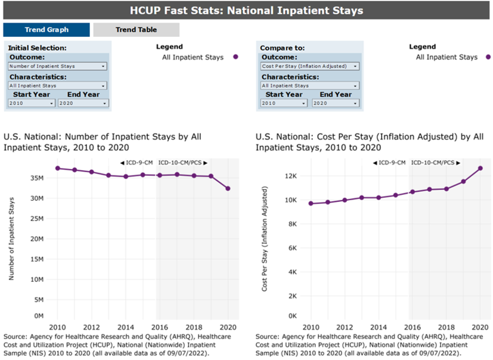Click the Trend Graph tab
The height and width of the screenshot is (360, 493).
46,30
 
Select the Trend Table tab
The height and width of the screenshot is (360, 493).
136,30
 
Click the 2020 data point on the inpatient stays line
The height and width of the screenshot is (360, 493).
228,188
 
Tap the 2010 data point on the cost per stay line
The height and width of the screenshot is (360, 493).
311,203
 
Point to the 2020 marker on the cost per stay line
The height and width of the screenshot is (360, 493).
480,168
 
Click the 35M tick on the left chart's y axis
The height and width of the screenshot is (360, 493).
37,178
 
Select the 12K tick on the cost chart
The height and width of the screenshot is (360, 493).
289,176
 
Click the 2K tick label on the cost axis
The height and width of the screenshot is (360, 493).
292,296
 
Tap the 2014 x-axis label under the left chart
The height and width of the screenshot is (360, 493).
126,328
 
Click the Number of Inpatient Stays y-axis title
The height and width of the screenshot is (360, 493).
11,238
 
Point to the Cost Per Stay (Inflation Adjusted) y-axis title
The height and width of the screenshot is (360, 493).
265,238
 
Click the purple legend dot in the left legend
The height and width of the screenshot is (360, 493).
235,57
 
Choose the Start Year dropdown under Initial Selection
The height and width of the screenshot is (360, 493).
32,103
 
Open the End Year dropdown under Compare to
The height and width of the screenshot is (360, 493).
336,103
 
